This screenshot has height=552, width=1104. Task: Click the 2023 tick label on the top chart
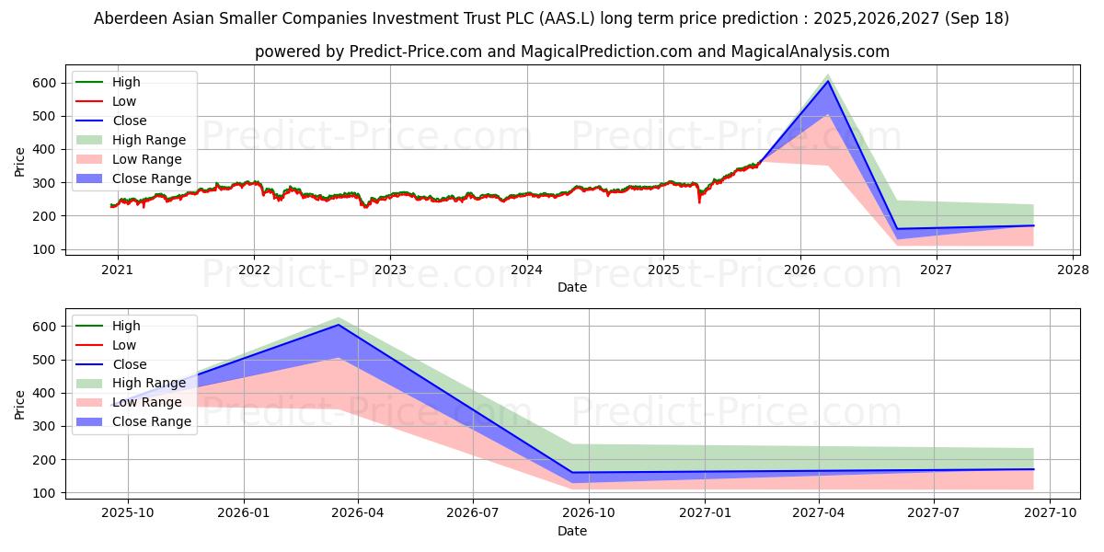pos(390,270)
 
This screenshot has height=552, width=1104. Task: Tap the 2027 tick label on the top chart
pos(936,270)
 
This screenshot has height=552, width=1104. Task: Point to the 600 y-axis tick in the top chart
pos(49,83)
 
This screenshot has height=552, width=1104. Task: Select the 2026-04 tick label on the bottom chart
pos(358,513)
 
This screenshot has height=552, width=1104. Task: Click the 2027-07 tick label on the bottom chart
pos(934,513)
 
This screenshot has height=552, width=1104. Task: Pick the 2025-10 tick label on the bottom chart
pos(128,513)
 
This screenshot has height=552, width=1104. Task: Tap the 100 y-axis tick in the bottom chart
pos(49,493)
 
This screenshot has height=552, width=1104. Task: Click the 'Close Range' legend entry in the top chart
pos(151,178)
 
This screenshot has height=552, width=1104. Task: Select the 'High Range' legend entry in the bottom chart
pos(148,384)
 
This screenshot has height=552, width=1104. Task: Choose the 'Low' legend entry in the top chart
pos(124,101)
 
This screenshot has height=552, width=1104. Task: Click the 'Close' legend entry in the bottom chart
pos(129,364)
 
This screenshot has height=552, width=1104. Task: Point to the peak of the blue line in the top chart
pos(828,81)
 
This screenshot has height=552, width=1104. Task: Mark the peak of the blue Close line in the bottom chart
pos(338,325)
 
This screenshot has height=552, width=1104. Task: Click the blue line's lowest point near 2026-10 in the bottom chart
pos(572,473)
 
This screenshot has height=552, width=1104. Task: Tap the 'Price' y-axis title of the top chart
pos(20,162)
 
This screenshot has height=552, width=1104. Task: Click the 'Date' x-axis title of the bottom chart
pos(571,531)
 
